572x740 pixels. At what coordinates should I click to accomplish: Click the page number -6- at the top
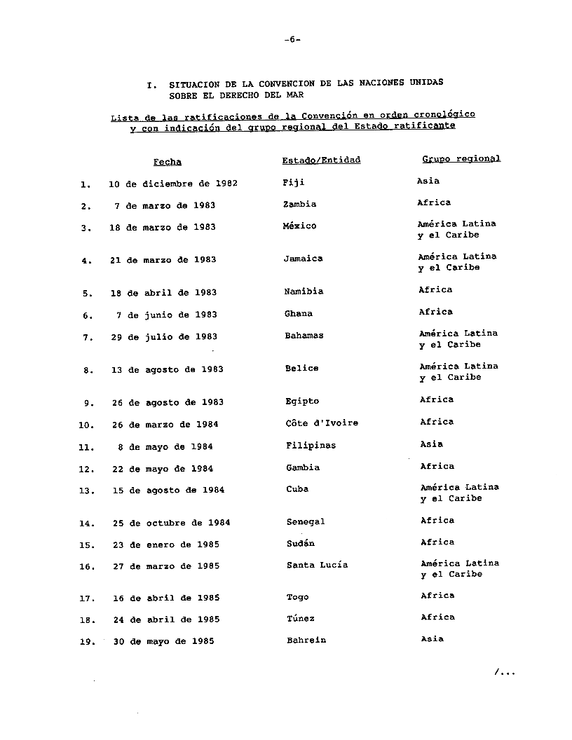click(x=292, y=39)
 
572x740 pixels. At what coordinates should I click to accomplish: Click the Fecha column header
click(x=168, y=162)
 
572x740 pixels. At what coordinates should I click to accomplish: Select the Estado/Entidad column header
click(x=321, y=160)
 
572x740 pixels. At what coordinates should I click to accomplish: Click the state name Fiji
click(x=293, y=182)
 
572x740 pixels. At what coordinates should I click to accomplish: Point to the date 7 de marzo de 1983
click(x=165, y=205)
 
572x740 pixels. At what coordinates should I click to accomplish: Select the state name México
click(x=299, y=226)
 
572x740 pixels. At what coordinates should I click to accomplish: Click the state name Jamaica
click(x=303, y=259)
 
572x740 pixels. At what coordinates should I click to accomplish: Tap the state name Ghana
click(x=299, y=314)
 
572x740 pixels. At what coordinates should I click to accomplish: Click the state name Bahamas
click(x=304, y=336)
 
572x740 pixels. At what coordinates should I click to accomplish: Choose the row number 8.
click(x=88, y=371)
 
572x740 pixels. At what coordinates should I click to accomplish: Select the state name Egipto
click(x=302, y=402)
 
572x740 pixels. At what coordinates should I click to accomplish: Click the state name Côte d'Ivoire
click(x=322, y=423)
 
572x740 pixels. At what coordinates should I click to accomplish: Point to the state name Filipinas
click(x=311, y=446)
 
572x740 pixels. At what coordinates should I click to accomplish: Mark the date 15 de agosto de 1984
click(x=168, y=491)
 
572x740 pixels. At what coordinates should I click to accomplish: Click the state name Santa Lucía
click(x=317, y=565)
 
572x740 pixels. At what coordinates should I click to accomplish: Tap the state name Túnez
click(x=301, y=619)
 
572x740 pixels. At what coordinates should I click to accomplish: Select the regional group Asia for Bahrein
click(x=432, y=639)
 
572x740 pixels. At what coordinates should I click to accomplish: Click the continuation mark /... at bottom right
click(x=505, y=673)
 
